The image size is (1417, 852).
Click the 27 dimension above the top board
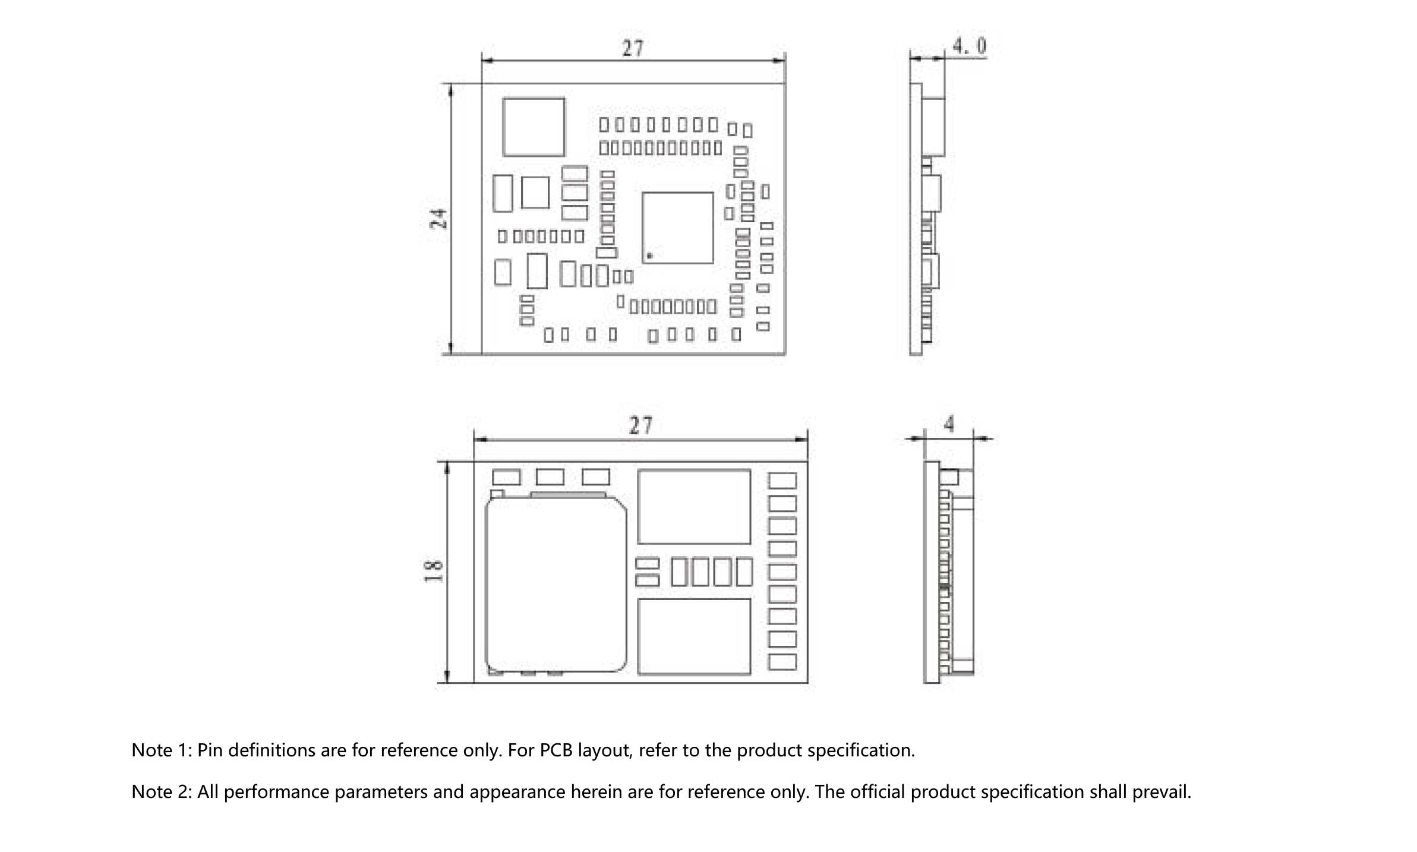coord(633,48)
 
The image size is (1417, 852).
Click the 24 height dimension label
coord(439,219)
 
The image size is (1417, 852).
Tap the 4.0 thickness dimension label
coord(969,46)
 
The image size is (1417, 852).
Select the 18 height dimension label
coord(434,571)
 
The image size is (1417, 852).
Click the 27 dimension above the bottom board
coord(640,425)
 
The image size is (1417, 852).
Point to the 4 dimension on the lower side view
coord(949,424)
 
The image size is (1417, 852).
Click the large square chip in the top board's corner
coord(534,127)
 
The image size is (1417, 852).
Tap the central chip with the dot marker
coord(677,228)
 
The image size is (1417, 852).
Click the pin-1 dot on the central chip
coord(649,256)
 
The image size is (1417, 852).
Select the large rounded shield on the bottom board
coord(556,585)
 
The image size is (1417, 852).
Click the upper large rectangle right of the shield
coord(694,507)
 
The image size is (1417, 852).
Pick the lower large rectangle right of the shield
coord(694,636)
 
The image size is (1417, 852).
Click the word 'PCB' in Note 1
coord(556,750)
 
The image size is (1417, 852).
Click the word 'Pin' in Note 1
coord(210,750)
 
